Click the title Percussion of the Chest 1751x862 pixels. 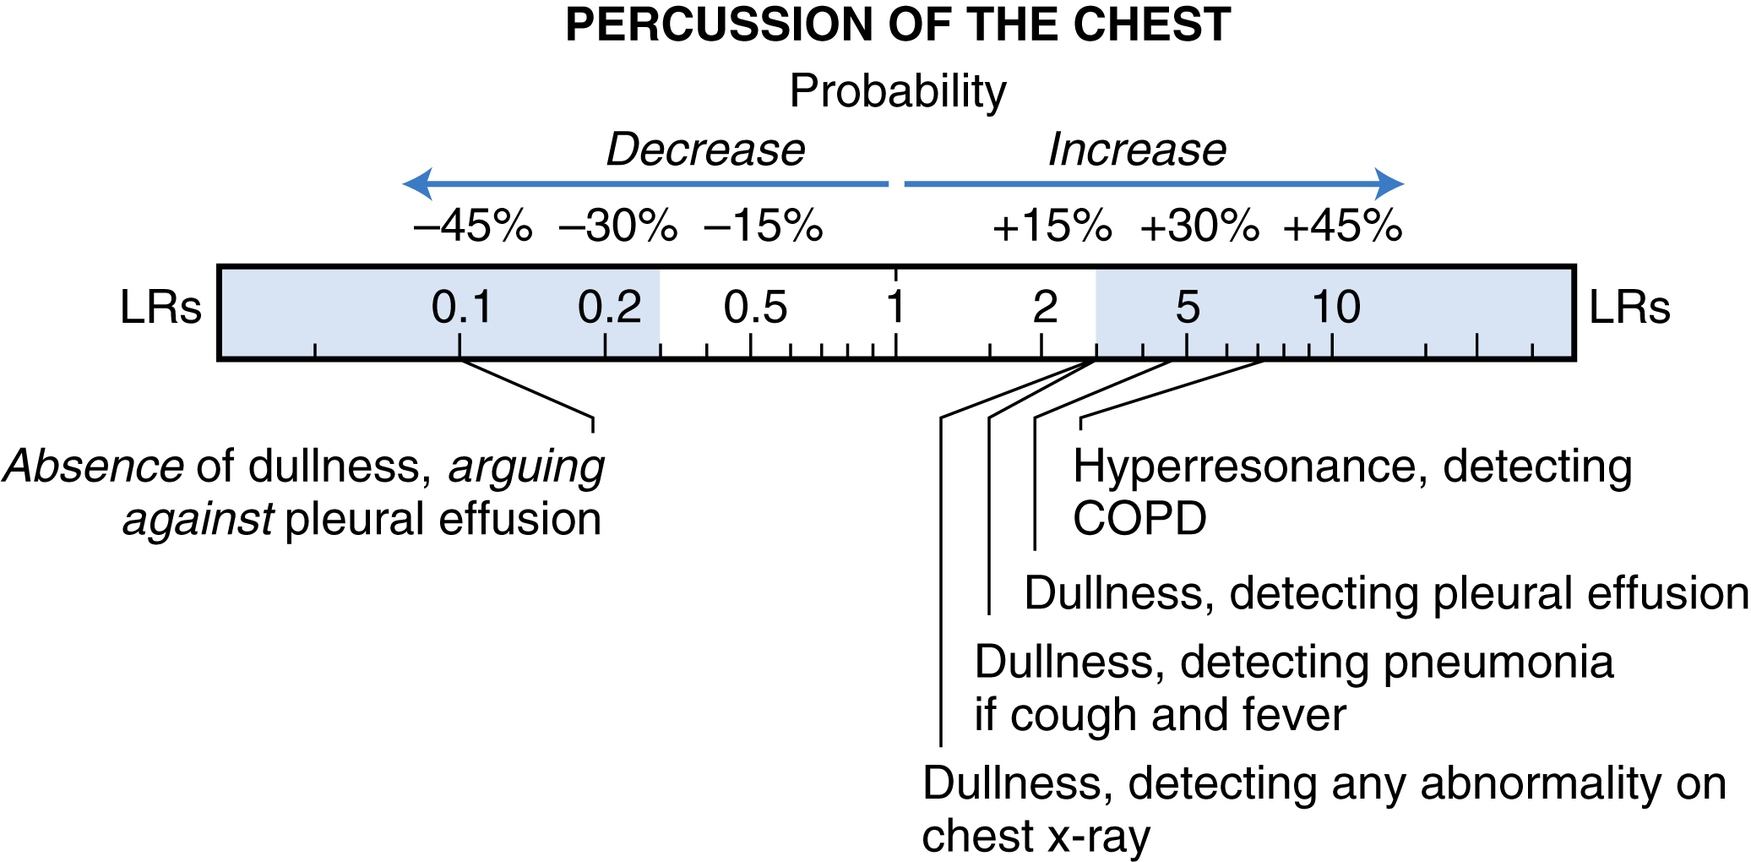(x=898, y=25)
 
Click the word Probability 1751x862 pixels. (x=898, y=91)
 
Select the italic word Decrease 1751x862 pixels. (x=705, y=150)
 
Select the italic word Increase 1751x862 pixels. (x=1137, y=150)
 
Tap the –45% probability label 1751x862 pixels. (x=473, y=226)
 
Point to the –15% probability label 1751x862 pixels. (x=764, y=226)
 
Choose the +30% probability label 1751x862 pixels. (x=1199, y=226)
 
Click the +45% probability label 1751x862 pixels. (x=1343, y=226)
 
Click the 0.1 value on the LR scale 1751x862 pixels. (x=461, y=307)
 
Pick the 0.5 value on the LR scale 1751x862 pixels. (x=755, y=307)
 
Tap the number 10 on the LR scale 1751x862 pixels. (x=1335, y=307)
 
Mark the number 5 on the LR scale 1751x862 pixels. (x=1188, y=307)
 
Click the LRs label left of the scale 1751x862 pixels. (x=160, y=307)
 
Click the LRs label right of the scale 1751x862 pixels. (x=1629, y=307)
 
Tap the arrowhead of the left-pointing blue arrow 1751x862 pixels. (x=418, y=183)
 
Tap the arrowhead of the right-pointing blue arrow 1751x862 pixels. (x=1389, y=183)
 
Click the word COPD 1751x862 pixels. (x=1139, y=518)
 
